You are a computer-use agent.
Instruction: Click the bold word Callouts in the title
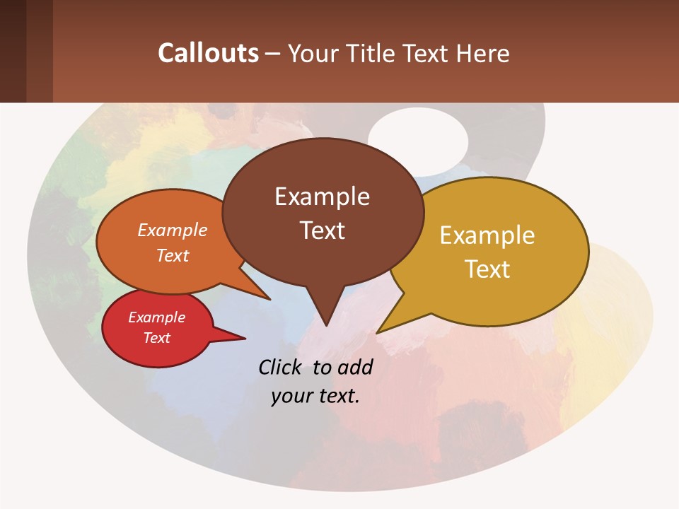click(x=208, y=53)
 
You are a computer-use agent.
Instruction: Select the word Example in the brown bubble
click(x=322, y=197)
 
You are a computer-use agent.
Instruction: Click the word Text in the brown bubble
click(x=322, y=230)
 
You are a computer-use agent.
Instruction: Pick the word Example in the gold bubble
click(x=487, y=235)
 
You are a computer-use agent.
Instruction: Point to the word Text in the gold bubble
click(x=487, y=269)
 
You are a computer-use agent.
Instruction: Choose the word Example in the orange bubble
click(x=173, y=230)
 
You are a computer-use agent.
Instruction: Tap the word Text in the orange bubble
click(x=173, y=255)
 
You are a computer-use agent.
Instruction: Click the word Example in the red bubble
click(x=156, y=317)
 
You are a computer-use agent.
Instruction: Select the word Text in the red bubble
click(x=156, y=338)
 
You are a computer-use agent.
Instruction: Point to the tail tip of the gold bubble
click(x=379, y=331)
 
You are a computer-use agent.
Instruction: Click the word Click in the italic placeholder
click(x=282, y=368)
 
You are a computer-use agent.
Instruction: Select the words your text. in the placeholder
click(x=315, y=396)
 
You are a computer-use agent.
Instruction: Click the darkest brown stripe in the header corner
click(x=13, y=51)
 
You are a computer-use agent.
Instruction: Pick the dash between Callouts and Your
click(x=273, y=54)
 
